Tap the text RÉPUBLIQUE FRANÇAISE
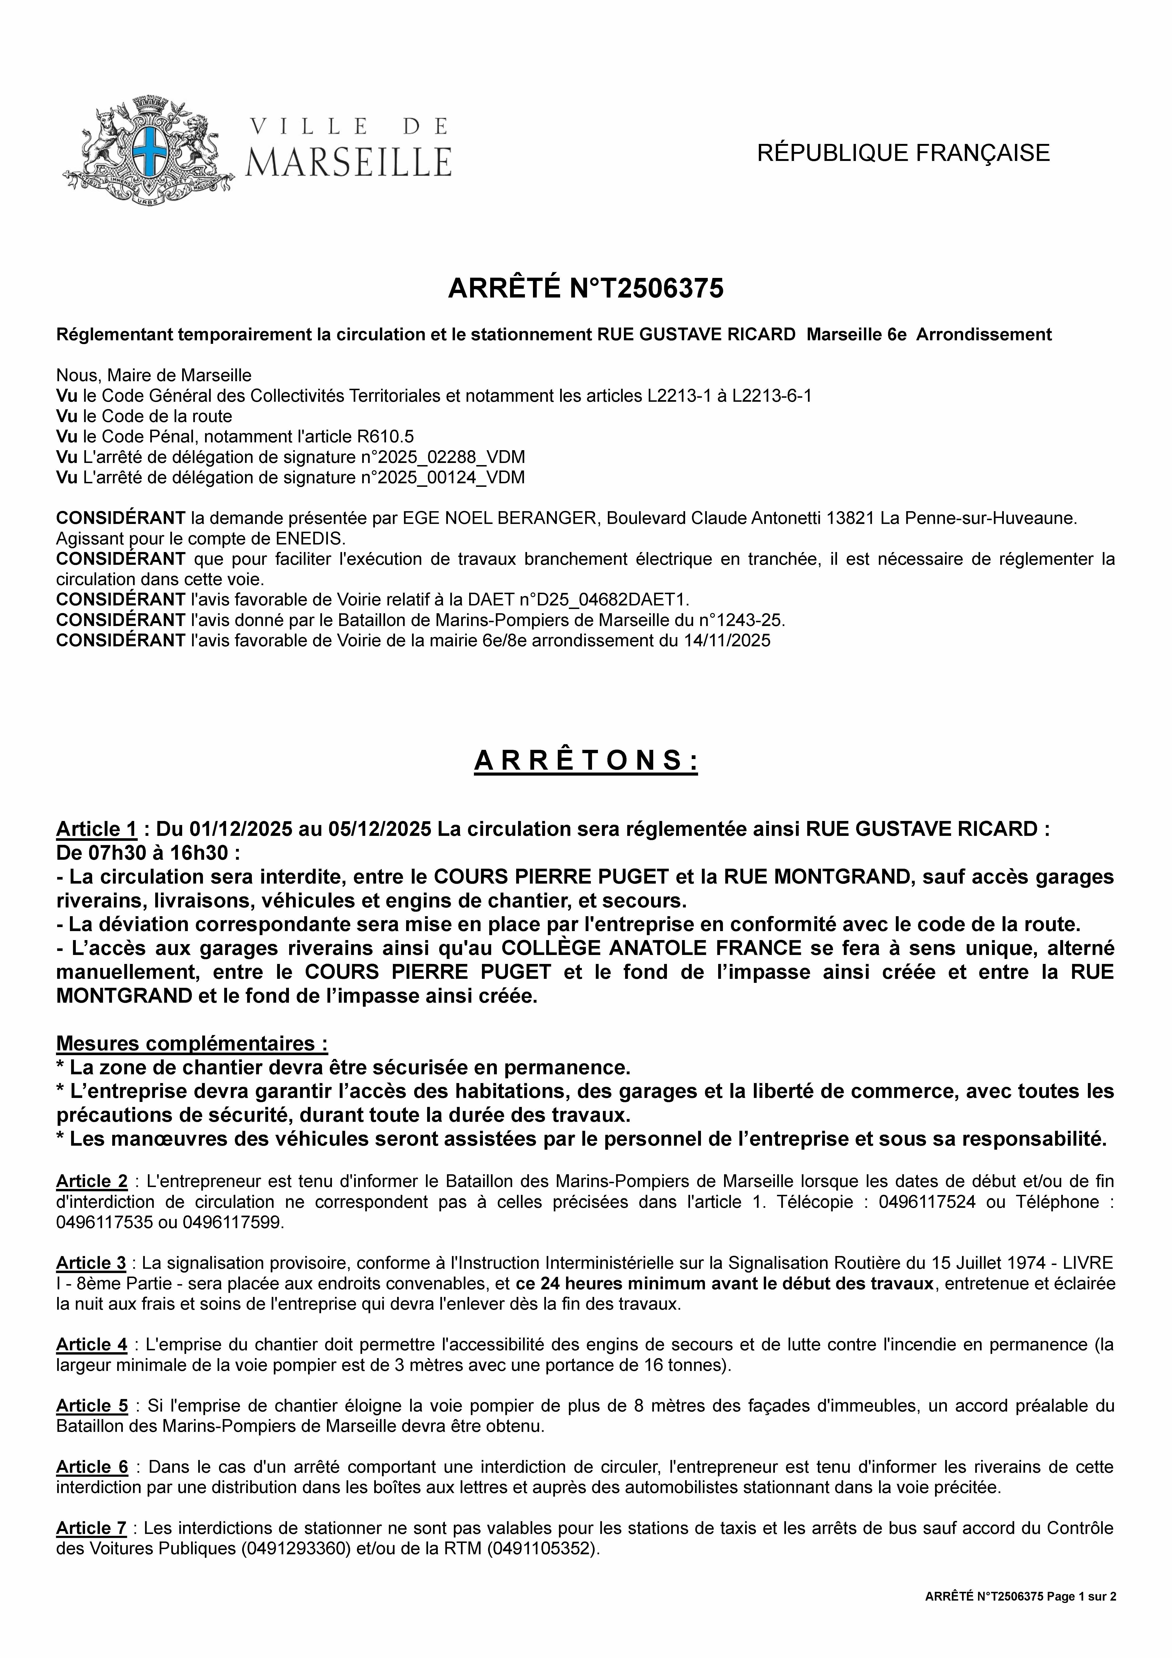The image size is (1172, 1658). pos(903,153)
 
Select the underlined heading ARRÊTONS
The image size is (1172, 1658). pos(586,760)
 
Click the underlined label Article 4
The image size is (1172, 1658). pos(92,1345)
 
